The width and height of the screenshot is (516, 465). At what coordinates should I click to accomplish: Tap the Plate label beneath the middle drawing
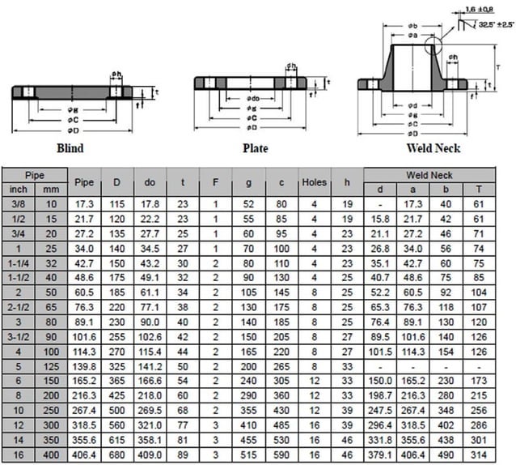[x=256, y=148]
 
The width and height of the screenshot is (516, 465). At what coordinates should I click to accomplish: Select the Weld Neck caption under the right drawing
[x=434, y=148]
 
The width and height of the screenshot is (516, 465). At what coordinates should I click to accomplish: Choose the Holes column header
[x=314, y=182]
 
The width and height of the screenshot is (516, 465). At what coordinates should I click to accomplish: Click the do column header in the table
[x=150, y=182]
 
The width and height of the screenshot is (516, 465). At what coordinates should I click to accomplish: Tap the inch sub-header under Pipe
[x=18, y=189]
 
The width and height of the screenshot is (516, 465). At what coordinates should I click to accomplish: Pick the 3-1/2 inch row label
[x=18, y=336]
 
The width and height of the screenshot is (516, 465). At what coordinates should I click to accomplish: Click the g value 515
[x=247, y=456]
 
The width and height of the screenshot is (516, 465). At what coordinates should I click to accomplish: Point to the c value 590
[x=281, y=456]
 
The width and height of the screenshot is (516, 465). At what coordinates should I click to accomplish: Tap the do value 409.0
[x=150, y=456]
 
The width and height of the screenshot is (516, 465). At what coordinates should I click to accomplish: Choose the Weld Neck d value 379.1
[x=380, y=456]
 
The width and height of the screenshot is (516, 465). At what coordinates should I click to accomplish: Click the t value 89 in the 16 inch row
[x=183, y=456]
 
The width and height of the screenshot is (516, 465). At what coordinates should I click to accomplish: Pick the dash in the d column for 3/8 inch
[x=380, y=203]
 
